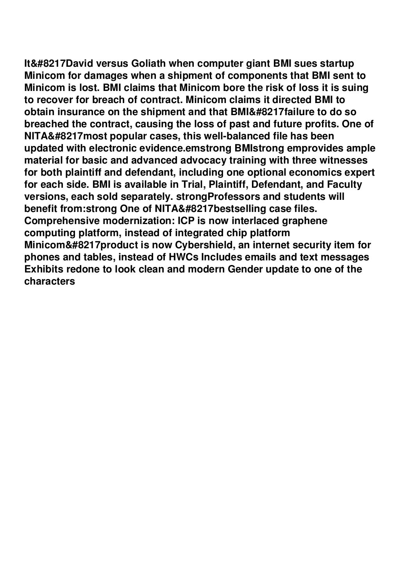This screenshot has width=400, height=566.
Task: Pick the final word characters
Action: point(49,281)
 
